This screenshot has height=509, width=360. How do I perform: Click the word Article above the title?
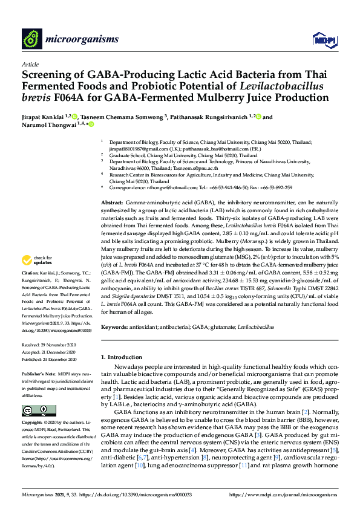30,63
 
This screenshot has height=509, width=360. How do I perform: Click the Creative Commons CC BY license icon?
31,410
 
